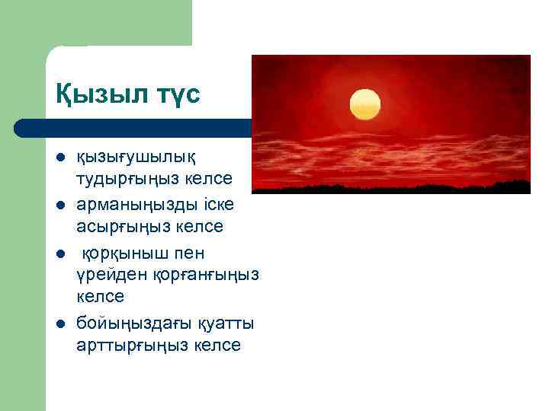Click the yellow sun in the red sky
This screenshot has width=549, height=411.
(x=364, y=104)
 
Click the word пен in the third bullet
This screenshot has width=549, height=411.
(x=188, y=253)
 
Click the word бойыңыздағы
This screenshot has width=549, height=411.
(x=130, y=324)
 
